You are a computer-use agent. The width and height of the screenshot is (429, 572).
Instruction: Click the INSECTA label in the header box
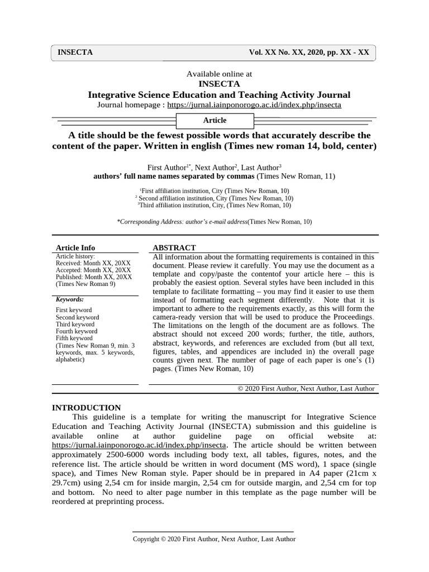point(75,53)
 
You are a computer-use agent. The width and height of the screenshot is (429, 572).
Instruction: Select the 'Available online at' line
point(219,73)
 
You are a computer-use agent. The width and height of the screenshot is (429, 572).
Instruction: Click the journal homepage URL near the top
point(254,104)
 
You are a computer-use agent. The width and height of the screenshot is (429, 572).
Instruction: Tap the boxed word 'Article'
point(215,120)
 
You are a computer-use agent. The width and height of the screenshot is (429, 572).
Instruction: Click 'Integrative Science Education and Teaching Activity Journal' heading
point(219,94)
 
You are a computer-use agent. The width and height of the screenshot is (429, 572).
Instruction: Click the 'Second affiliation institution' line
point(216,198)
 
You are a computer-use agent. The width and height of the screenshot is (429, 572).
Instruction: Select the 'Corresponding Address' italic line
point(214,222)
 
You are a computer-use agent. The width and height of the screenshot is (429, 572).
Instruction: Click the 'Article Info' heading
point(75,247)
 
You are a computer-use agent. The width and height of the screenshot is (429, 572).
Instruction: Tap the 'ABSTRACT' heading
point(174,247)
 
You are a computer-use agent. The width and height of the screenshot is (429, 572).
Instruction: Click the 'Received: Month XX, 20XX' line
point(93,263)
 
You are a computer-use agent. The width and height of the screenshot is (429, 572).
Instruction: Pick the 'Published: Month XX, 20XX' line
point(94,277)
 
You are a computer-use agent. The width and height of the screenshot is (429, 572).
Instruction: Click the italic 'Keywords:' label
point(70,299)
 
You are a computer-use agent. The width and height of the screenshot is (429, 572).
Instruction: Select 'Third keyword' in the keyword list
point(75,324)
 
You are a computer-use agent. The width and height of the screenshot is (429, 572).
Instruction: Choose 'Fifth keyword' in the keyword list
point(74,338)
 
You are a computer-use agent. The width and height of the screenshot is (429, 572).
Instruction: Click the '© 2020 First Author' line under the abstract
point(306,389)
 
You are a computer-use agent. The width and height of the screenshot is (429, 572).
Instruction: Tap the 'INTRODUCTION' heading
point(87,408)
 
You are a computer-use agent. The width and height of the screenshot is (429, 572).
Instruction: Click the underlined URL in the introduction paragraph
point(139,445)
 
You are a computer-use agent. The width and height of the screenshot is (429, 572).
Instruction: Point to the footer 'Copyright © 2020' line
point(214,539)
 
